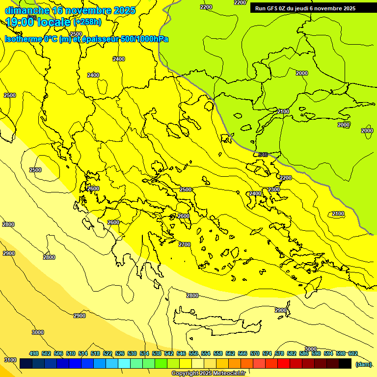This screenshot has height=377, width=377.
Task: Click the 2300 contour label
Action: (x=274, y=189)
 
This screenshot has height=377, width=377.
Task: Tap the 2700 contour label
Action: (x=185, y=244)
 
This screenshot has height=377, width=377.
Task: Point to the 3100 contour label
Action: (x=10, y=360)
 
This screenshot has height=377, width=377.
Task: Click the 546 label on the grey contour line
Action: (x=263, y=155)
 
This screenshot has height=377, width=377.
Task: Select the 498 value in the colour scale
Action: (x=34, y=353)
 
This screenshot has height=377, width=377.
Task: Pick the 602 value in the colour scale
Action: (x=352, y=353)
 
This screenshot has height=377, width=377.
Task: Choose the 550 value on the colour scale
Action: (x=193, y=353)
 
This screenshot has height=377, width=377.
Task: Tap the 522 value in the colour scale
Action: (x=108, y=353)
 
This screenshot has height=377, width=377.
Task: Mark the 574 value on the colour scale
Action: (x=267, y=353)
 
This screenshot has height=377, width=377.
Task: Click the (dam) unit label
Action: (x=363, y=364)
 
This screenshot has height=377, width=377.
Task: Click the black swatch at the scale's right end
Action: (x=345, y=364)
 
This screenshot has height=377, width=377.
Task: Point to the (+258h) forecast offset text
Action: (x=87, y=22)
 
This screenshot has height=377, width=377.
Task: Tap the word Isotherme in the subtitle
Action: (x=24, y=39)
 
